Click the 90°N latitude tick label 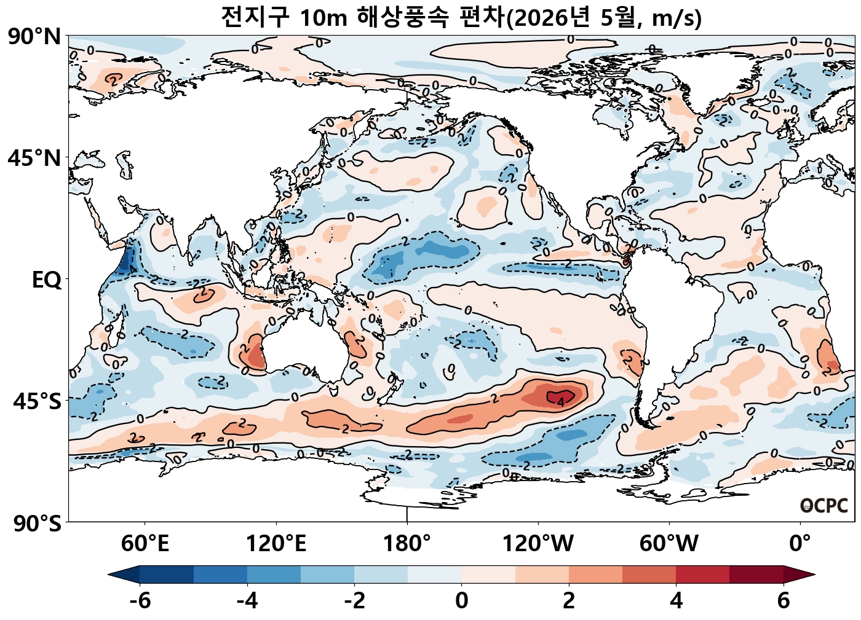[x=34, y=37]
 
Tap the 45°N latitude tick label [x=34, y=158]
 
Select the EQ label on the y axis [x=47, y=280]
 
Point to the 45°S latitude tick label [x=37, y=401]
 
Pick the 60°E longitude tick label [x=145, y=544]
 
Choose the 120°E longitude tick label [x=276, y=544]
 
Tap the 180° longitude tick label [x=407, y=544]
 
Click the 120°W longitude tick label [x=538, y=544]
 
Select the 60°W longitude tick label [x=669, y=544]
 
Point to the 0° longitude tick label [x=800, y=544]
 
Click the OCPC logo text [x=824, y=506]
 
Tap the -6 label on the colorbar [x=140, y=600]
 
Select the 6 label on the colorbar [x=783, y=600]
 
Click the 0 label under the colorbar [x=462, y=600]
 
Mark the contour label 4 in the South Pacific [x=560, y=402]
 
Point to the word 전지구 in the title [x=255, y=18]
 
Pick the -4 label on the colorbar [x=247, y=600]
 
